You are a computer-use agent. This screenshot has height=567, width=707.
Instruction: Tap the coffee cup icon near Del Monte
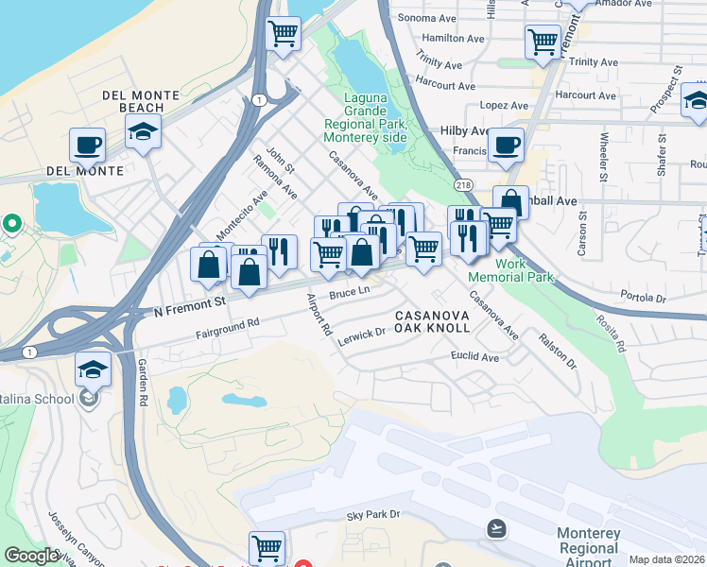point(87,146)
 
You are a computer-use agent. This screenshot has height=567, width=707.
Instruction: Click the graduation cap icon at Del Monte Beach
point(143,131)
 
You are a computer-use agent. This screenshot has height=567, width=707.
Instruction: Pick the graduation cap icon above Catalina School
point(93,368)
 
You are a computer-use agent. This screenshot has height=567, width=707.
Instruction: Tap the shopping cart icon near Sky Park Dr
point(267,547)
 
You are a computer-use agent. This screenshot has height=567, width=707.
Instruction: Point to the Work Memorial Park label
point(509,270)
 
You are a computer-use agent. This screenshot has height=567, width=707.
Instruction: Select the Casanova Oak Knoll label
point(432,320)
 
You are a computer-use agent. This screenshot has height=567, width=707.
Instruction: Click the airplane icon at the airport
point(495,527)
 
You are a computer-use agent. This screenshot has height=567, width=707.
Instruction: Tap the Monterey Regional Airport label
point(589,547)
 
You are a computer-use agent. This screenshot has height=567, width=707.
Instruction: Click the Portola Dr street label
point(647,298)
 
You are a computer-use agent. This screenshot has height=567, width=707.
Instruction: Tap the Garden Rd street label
point(142,382)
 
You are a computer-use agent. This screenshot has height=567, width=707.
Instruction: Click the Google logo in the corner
point(31,556)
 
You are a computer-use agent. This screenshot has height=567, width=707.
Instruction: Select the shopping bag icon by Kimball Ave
point(510,202)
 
